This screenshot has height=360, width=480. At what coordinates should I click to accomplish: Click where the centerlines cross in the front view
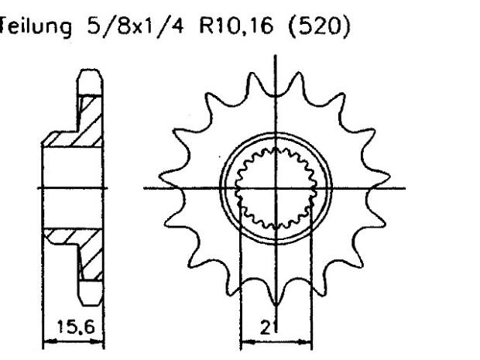tap(276, 188)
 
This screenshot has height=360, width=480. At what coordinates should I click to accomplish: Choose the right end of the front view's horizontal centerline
tap(411, 188)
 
